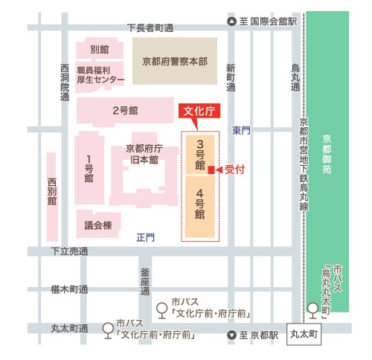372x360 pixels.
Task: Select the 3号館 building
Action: [x=201, y=153]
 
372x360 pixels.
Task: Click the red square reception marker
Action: [x=211, y=170]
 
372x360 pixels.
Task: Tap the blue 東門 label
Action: [x=240, y=131]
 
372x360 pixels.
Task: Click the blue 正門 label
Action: [x=145, y=238]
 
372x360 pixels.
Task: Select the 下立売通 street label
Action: [x=70, y=253]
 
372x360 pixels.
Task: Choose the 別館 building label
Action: [x=100, y=50]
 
